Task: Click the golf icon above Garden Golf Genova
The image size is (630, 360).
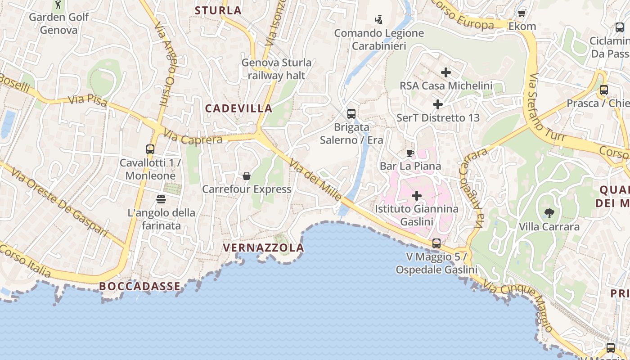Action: pyautogui.click(x=58, y=5)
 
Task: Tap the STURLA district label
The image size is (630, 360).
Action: pyautogui.click(x=218, y=10)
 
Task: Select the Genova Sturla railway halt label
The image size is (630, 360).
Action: pyautogui.click(x=276, y=69)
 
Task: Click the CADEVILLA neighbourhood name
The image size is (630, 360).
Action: pyautogui.click(x=239, y=108)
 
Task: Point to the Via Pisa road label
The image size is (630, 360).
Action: pyautogui.click(x=88, y=101)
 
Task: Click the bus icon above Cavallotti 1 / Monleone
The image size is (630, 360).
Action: pyautogui.click(x=150, y=149)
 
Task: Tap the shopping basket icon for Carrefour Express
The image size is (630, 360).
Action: pyautogui.click(x=247, y=175)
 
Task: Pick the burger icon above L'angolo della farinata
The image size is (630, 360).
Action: pyautogui.click(x=161, y=199)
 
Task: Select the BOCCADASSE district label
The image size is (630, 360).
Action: pyautogui.click(x=140, y=286)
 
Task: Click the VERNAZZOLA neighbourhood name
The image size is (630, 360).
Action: pyautogui.click(x=264, y=247)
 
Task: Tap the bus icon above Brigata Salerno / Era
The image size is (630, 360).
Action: pyautogui.click(x=351, y=114)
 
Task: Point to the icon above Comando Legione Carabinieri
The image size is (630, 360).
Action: pyautogui.click(x=379, y=19)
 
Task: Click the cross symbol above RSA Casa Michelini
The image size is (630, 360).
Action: pyautogui.click(x=446, y=72)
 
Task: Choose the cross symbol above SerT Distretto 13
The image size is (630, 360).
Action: pyautogui.click(x=438, y=104)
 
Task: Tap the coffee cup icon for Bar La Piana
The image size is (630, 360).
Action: pyautogui.click(x=410, y=153)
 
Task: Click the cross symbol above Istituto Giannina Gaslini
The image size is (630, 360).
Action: pyautogui.click(x=417, y=196)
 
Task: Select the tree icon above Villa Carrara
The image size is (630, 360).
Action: pyautogui.click(x=549, y=213)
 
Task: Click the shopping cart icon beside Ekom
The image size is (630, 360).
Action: pyautogui.click(x=522, y=13)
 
